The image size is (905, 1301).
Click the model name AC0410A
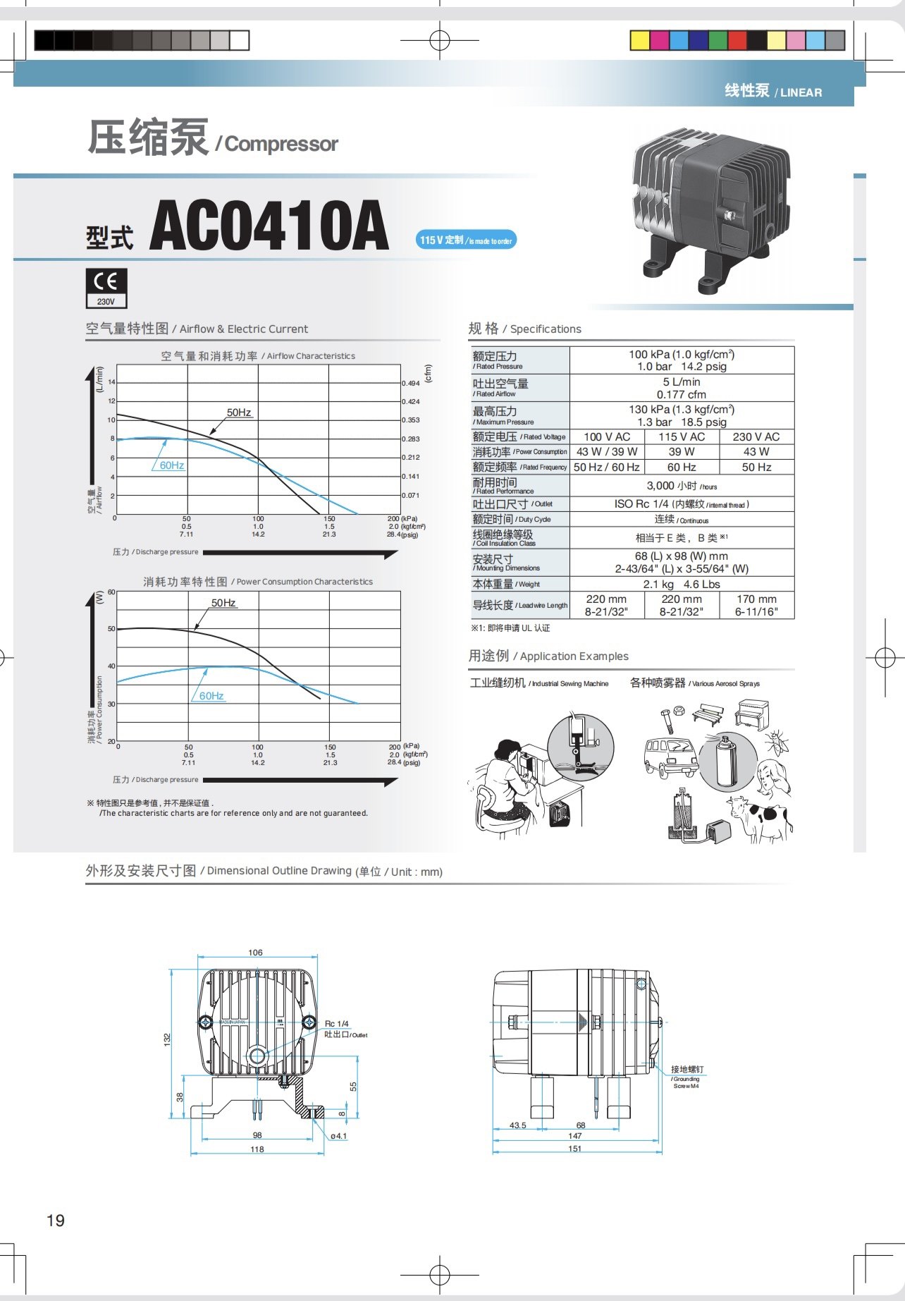pos(269,226)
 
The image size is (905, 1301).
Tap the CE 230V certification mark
pos(106,288)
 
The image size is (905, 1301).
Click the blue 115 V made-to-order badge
pos(466,240)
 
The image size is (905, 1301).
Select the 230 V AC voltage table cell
pos(756,437)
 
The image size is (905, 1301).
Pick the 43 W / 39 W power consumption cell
pos(606,452)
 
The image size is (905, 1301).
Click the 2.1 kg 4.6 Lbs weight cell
pos(681,585)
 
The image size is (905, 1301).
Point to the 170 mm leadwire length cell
pos(756,605)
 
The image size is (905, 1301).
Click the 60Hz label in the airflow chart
pos(171,465)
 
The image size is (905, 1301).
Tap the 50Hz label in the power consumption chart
pos(223,603)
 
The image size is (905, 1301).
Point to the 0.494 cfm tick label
pos(410,384)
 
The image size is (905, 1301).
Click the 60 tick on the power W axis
pos(111,592)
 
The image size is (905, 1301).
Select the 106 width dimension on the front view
pos(255,953)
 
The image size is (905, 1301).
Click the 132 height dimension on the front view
pos(167,1039)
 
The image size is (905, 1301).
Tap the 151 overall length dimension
pos(575,1149)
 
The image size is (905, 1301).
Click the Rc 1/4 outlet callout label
pos(337,1024)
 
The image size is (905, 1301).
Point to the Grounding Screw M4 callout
pos(686,1077)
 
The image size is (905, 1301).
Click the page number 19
pos(56,1221)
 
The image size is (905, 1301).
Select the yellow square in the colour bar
pos(639,41)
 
